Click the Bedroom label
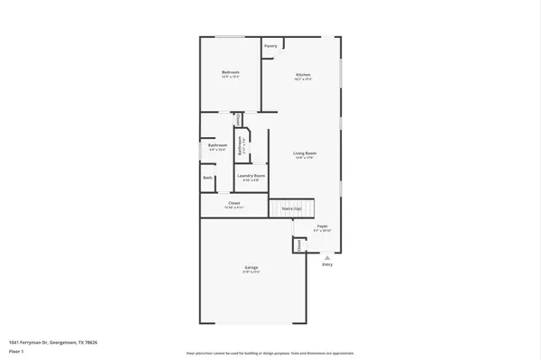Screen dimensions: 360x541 click(230, 72)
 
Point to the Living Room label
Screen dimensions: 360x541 click(303, 155)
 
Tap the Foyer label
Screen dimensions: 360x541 click(322, 226)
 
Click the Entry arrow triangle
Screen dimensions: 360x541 click(327, 256)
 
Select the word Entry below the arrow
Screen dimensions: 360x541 click(327, 264)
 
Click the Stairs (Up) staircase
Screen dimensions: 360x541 click(290, 208)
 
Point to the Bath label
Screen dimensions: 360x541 click(208, 178)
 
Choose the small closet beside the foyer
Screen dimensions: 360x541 click(298, 244)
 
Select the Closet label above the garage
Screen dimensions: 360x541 click(234, 204)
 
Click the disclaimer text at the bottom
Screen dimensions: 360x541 click(270, 353)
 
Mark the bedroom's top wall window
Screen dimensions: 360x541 click(229, 36)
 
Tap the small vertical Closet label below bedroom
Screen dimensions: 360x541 click(237, 118)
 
